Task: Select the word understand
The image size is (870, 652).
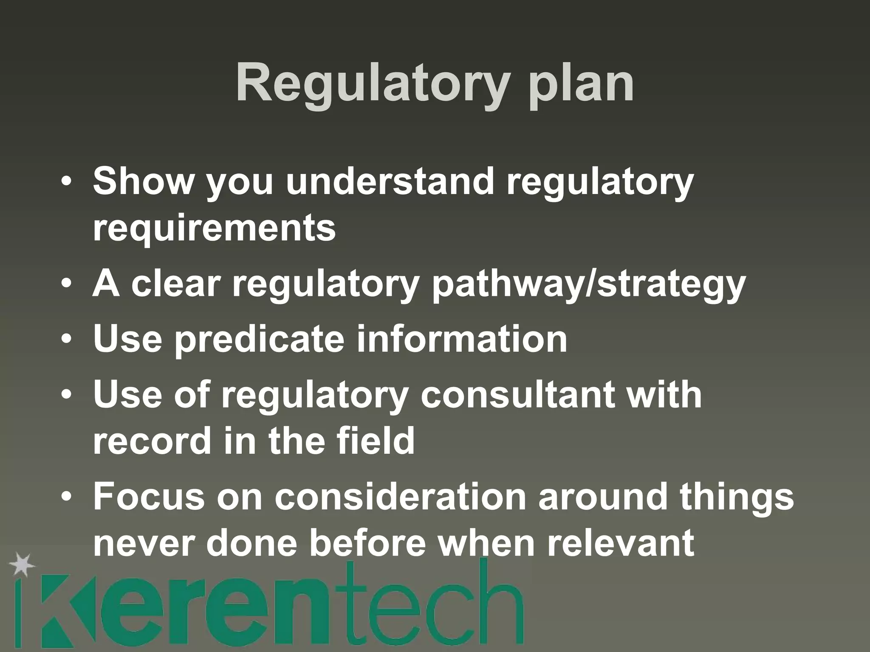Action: coord(390,181)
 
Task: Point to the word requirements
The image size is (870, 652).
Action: coord(214,228)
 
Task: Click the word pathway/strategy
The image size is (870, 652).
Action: coord(588,284)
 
